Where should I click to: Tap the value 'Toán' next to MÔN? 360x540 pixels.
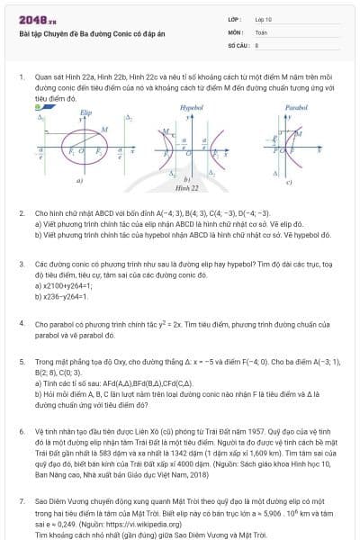[x=262, y=31]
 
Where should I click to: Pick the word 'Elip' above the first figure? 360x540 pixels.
[x=86, y=112]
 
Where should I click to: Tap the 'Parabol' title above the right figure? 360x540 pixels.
[x=295, y=106]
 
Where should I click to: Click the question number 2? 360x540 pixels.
[x=21, y=213]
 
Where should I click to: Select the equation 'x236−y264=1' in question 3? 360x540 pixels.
[x=66, y=294]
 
